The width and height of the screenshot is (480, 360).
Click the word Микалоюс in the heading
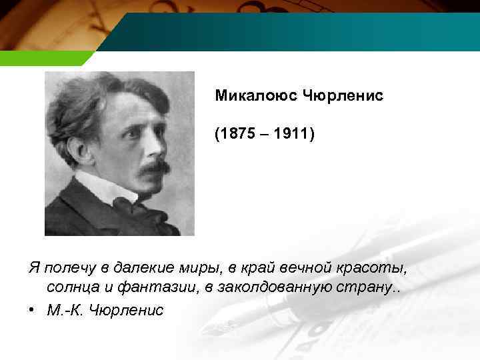tap(257, 96)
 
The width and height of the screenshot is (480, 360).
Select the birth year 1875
tap(237, 135)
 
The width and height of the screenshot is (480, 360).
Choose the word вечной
tap(293, 268)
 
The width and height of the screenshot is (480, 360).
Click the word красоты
tap(367, 268)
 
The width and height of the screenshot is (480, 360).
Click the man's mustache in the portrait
tap(153, 167)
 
